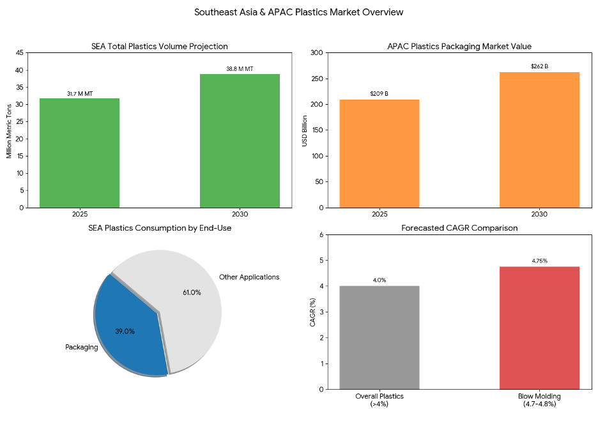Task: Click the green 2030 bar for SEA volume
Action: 240,141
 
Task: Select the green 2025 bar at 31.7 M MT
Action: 79,153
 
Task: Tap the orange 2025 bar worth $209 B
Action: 379,153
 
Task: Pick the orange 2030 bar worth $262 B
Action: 539,140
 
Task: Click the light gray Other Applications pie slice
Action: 185,287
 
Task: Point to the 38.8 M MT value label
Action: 240,68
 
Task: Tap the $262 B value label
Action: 539,66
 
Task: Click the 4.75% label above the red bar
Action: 539,261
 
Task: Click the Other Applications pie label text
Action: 249,277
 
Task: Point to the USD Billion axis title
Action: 305,130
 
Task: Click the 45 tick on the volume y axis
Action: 19,53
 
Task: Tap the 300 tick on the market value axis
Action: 317,53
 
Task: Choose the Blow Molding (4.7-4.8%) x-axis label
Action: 539,400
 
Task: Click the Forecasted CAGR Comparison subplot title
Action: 459,228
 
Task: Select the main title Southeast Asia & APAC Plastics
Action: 299,12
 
